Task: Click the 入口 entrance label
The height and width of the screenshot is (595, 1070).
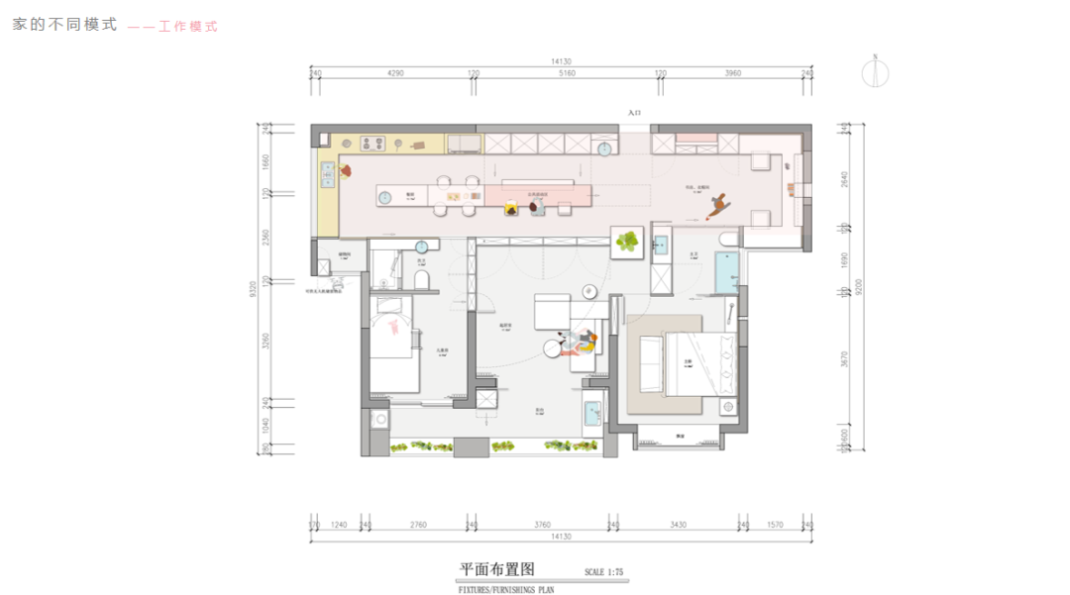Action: tap(635, 114)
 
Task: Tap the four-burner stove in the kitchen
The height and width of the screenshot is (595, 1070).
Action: tap(374, 145)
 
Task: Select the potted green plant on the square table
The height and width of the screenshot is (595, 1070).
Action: tap(627, 241)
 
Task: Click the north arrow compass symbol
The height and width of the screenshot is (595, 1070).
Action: tap(875, 71)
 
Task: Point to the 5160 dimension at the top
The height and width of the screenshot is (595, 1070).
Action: tap(567, 72)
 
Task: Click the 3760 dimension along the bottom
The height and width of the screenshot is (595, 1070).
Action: tap(541, 525)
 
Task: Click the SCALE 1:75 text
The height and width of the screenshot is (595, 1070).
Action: tap(603, 572)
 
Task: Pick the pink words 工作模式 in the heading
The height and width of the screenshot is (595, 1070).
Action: tap(187, 27)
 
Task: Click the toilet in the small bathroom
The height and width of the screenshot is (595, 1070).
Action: tap(421, 280)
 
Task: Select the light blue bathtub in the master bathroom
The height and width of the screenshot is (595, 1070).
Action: tap(726, 269)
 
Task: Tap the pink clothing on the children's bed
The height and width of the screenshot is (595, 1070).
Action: tap(398, 326)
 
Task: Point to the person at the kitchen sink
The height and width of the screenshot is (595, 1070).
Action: tap(345, 171)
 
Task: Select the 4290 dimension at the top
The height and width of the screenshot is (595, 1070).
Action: tap(395, 72)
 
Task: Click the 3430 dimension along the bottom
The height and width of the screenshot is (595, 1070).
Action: tap(678, 525)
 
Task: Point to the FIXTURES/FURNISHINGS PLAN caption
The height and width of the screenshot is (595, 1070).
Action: tap(505, 590)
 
